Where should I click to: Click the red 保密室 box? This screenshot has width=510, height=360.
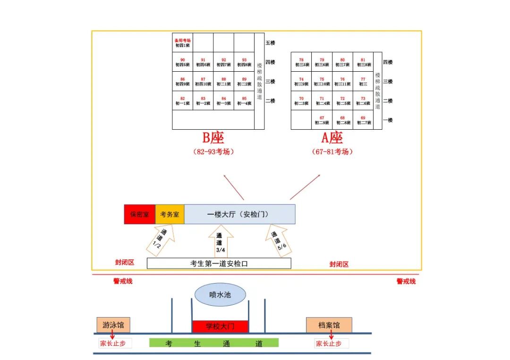click(140, 214)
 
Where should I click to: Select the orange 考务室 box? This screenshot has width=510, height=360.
click(170, 214)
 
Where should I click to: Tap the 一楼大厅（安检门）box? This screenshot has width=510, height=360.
click(239, 214)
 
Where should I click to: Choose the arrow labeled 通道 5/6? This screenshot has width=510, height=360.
click(279, 241)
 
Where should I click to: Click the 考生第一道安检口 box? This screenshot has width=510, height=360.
click(219, 263)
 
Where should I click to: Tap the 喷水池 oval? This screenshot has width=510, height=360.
click(221, 295)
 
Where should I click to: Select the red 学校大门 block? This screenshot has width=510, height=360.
click(220, 326)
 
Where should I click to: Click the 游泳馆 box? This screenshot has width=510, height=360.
click(113, 325)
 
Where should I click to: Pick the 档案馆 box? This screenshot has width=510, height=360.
click(329, 325)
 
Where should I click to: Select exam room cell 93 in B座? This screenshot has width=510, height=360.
click(244, 62)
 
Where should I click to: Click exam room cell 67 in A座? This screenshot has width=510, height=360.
click(322, 120)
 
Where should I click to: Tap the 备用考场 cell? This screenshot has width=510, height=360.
click(182, 43)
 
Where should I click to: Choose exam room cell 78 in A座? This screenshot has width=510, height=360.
click(301, 62)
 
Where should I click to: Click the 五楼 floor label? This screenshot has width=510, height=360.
click(270, 43)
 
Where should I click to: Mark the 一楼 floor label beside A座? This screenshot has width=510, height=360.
click(387, 120)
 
